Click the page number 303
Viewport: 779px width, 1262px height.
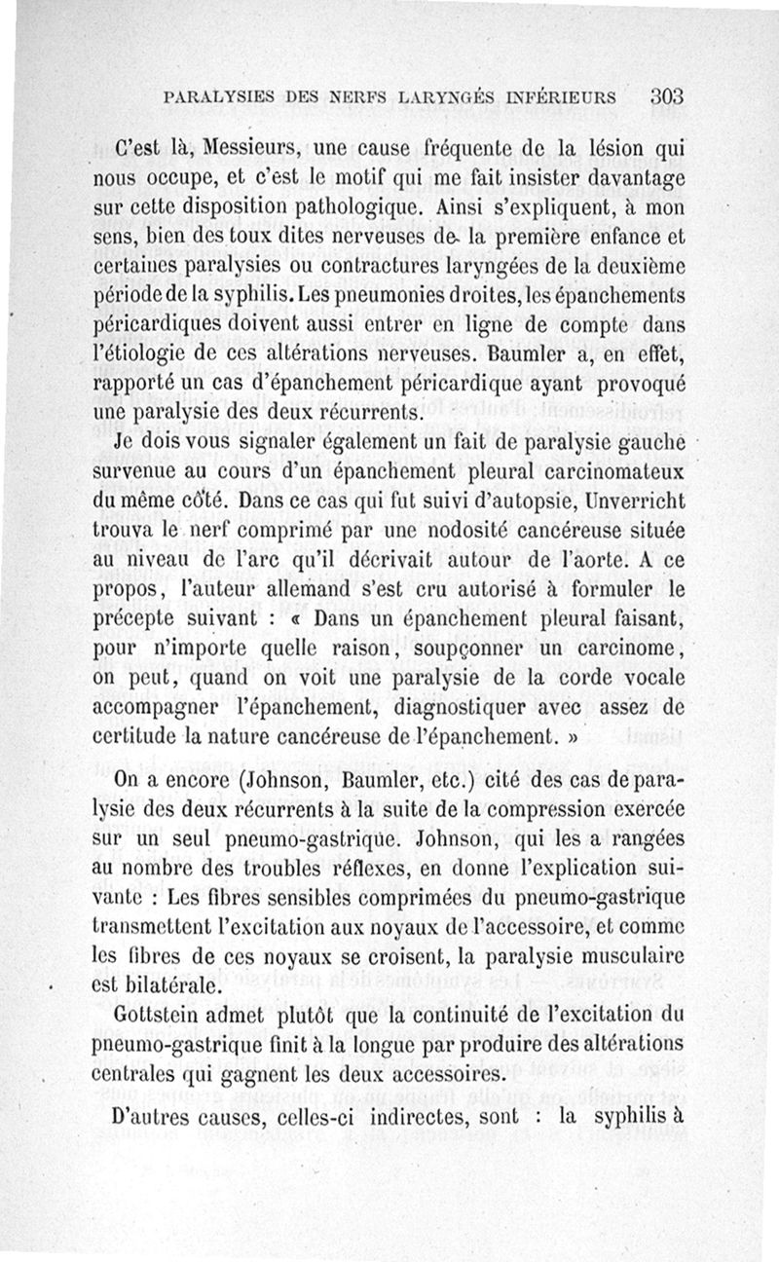click(669, 96)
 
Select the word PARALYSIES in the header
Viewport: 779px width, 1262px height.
click(212, 97)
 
